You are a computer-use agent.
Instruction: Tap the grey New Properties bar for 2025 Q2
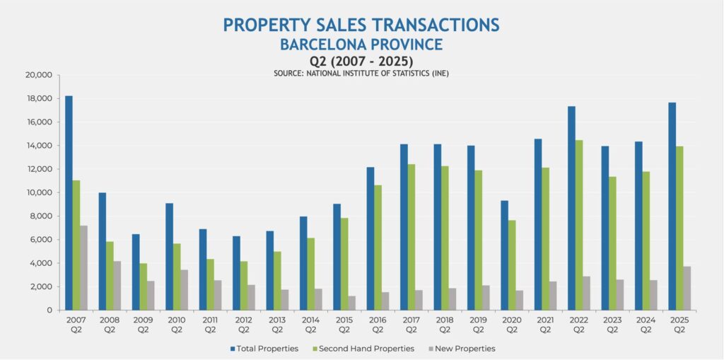tap(687, 288)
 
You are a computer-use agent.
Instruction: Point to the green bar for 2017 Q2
tap(411, 237)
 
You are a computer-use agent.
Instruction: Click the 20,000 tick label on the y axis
tap(38, 75)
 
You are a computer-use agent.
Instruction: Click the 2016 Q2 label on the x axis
tap(378, 325)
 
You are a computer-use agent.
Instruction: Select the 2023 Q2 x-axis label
tap(612, 325)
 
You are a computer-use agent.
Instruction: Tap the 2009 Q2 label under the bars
tap(144, 325)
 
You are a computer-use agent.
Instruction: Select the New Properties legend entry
tap(462, 349)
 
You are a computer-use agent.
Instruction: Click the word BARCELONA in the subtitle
tap(322, 45)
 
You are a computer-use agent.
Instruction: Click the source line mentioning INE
tap(361, 74)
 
